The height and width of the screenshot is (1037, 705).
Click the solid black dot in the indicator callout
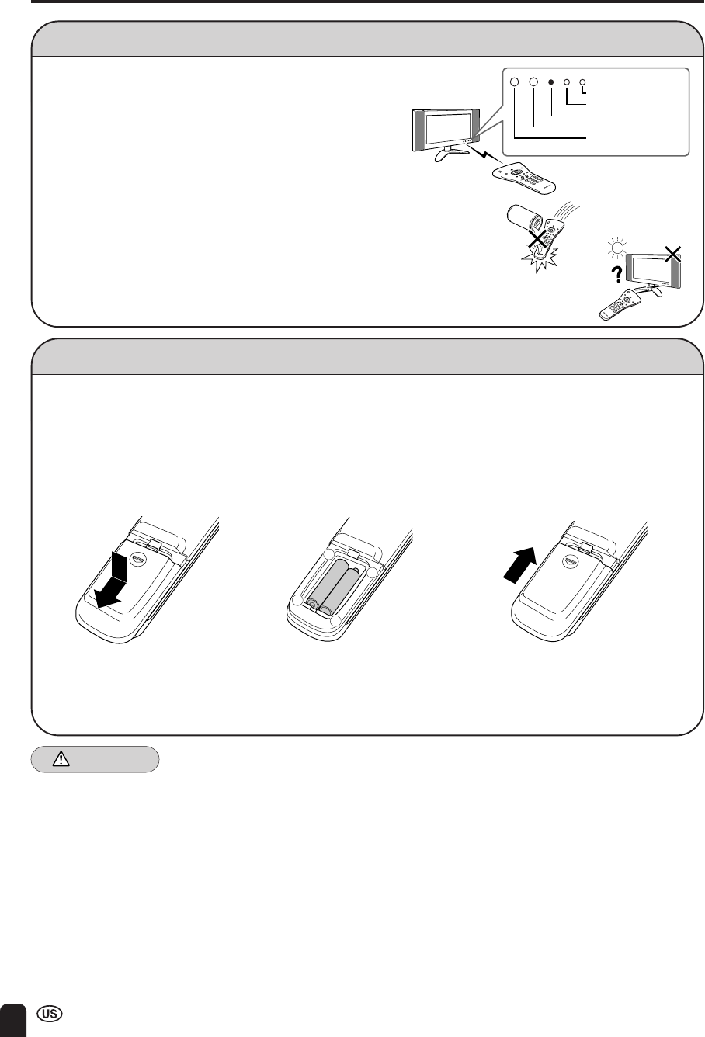coord(550,82)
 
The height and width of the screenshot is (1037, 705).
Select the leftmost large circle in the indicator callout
coord(514,82)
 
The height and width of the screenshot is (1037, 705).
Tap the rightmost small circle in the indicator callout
coord(582,82)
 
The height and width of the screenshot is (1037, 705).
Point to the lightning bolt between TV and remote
coord(483,154)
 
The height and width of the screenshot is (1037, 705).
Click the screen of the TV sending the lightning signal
coord(446,129)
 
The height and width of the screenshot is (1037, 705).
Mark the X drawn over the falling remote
coord(537,239)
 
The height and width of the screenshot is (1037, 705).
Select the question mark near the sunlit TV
coord(617,275)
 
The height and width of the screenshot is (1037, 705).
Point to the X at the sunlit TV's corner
coord(672,254)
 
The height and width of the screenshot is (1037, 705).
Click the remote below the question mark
coord(620,304)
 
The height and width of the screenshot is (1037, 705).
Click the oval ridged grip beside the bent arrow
coord(138,560)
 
